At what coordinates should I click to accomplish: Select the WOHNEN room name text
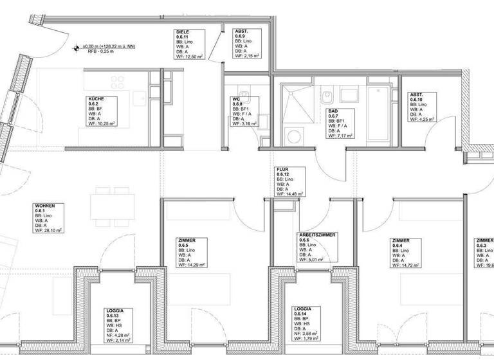click(46, 206)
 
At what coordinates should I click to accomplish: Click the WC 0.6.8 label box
click(244, 112)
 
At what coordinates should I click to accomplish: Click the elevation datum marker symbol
click(77, 46)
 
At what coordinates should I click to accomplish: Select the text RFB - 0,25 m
click(96, 53)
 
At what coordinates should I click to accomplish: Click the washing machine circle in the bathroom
click(295, 136)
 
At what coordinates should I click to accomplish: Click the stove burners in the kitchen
click(117, 82)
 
